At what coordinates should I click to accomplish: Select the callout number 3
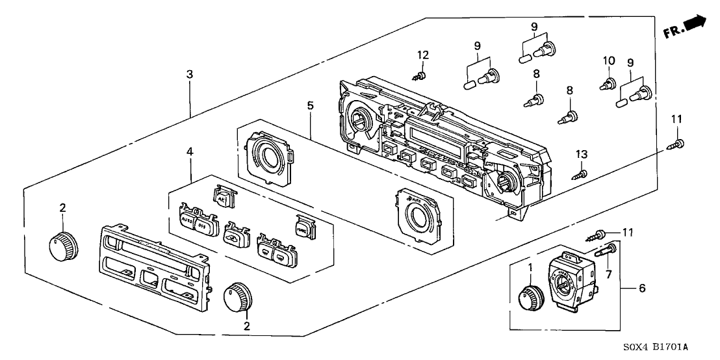(x=189, y=75)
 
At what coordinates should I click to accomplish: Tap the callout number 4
(x=190, y=151)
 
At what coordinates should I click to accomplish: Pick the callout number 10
(x=608, y=61)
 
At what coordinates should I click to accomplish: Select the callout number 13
(x=582, y=153)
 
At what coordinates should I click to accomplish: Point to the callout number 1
(x=531, y=267)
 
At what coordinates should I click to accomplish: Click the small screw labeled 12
(x=420, y=77)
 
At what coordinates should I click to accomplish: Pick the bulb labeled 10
(x=610, y=84)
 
